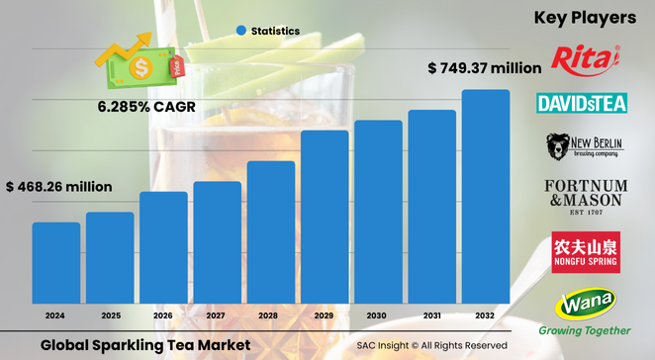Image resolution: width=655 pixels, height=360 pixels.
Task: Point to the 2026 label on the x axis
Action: click(x=163, y=315)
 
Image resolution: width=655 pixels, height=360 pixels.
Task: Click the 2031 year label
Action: click(x=432, y=315)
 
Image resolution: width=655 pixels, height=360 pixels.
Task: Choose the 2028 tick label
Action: click(x=270, y=315)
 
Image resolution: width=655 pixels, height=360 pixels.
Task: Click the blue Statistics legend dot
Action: click(x=240, y=32)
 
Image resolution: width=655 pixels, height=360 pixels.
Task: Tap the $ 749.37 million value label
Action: click(x=484, y=68)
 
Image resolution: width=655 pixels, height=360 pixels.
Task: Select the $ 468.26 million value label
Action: click(x=59, y=186)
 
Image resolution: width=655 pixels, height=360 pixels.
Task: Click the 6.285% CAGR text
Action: click(x=145, y=105)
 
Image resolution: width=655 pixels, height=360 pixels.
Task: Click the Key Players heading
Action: click(x=584, y=18)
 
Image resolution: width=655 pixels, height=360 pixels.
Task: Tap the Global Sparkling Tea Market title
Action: click(x=145, y=344)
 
